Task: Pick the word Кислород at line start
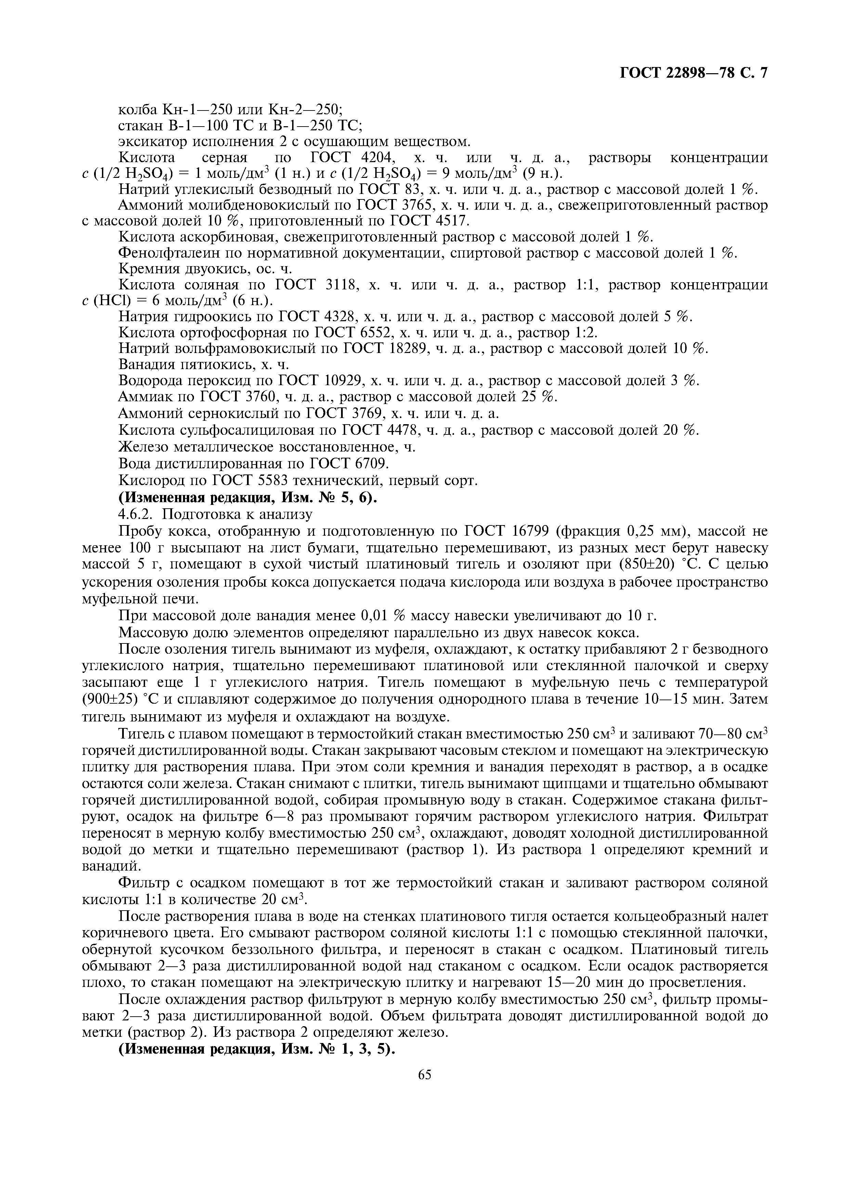click(151, 480)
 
